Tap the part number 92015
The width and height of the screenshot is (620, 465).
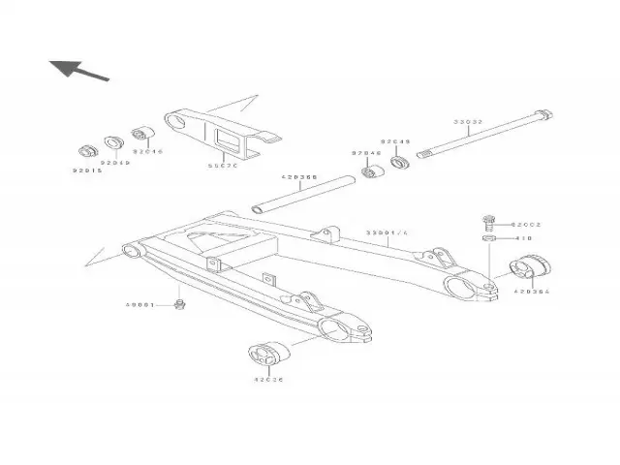[x=86, y=171]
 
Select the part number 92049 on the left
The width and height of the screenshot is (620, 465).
[x=115, y=163]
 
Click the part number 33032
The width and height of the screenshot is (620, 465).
[x=468, y=122]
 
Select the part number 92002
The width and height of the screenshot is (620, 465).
[x=526, y=224]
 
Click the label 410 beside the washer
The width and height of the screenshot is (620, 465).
[x=523, y=237]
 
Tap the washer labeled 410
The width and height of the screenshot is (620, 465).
[x=490, y=237]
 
